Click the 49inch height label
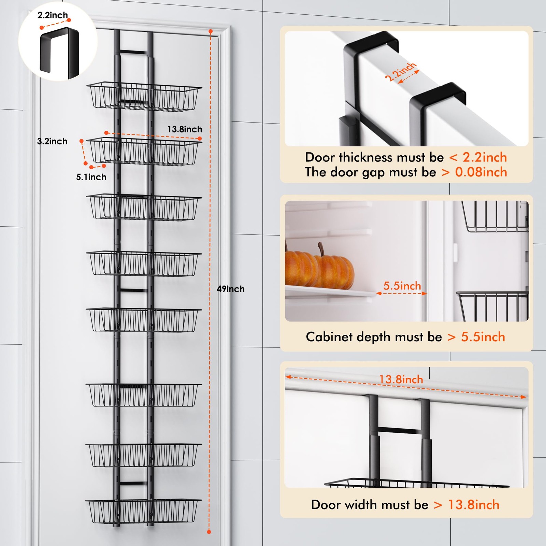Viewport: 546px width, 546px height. click(231, 289)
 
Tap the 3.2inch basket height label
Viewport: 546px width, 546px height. click(52, 141)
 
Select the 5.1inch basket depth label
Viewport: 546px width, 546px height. click(91, 177)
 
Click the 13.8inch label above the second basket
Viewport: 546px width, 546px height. click(185, 129)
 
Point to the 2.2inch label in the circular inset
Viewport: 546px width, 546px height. click(53, 15)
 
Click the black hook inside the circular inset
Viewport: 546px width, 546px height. click(60, 51)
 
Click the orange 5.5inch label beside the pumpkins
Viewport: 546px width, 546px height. click(402, 286)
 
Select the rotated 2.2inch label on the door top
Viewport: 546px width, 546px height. click(401, 72)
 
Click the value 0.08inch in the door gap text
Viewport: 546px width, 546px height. click(481, 172)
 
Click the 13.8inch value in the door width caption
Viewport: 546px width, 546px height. click(474, 505)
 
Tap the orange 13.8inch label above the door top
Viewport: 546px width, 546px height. click(401, 379)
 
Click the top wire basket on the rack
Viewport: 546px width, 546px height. click(144, 97)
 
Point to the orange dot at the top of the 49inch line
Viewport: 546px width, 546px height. click(211, 31)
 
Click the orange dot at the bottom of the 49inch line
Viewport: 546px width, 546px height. click(209, 532)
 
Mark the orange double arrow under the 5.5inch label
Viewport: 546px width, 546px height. click(401, 293)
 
